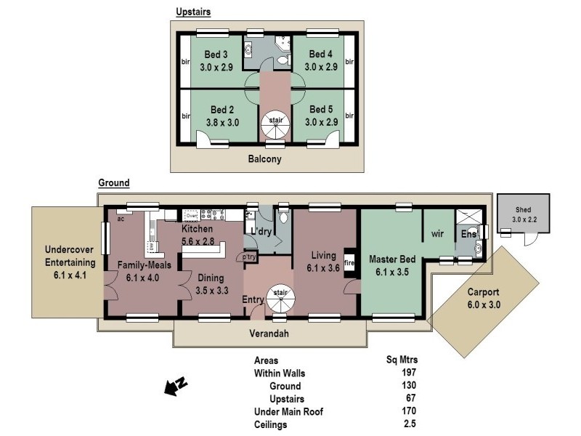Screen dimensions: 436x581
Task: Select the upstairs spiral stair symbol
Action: tap(276, 128)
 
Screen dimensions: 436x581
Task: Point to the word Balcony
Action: tap(264, 159)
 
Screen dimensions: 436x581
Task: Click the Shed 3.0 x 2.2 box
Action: tap(523, 214)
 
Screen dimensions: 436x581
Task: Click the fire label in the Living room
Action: tap(348, 263)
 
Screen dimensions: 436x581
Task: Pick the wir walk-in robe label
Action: tap(438, 234)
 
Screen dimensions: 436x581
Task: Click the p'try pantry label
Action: tap(250, 257)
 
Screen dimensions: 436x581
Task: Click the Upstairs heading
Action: tap(193, 12)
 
